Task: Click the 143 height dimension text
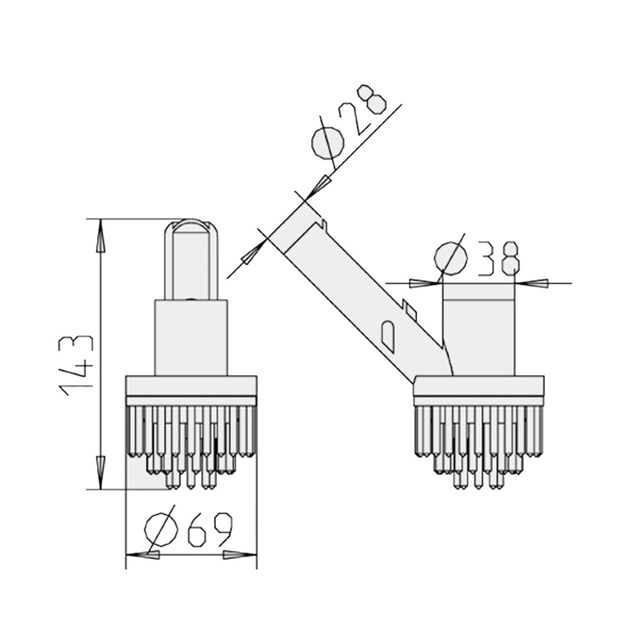coord(76,365)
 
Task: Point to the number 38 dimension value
coord(499,259)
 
